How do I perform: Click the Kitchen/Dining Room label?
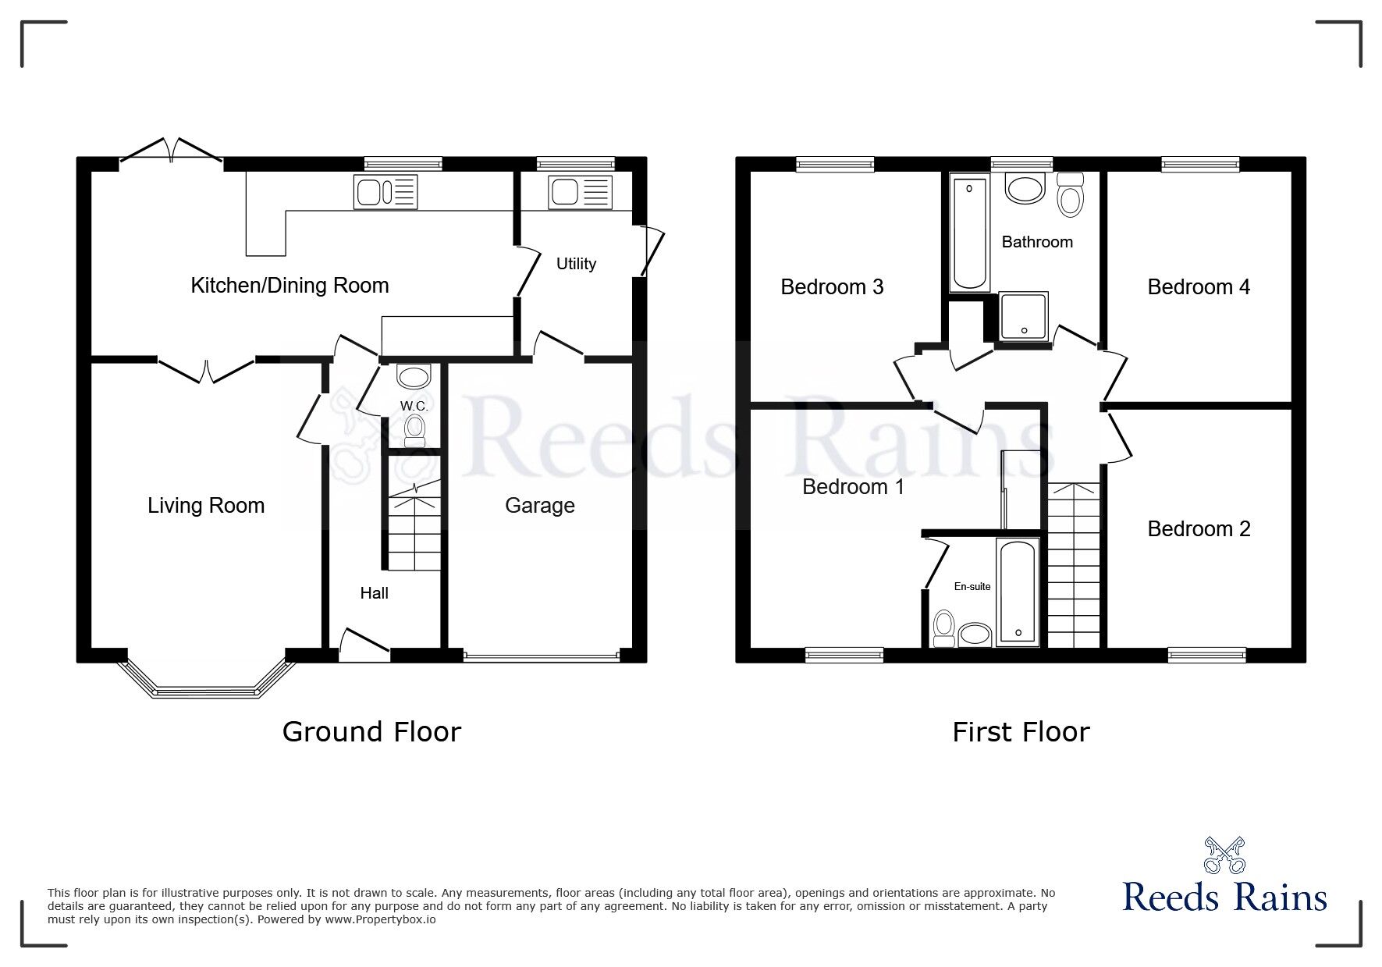coord(290,286)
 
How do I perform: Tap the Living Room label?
coord(206,506)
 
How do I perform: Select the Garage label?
coord(539,506)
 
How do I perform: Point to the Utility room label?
coord(576,264)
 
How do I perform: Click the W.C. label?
coord(414,406)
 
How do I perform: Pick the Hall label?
coord(374,593)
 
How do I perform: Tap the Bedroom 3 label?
coord(832,287)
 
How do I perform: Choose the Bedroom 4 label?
coord(1198,287)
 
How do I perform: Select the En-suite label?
coord(972,586)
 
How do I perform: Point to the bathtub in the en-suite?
coord(1017,592)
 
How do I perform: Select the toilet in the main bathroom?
coord(1071,196)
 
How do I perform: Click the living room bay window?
coord(206,687)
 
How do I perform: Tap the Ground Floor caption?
coord(371,732)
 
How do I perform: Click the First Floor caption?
coord(1020,732)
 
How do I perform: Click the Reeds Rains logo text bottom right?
coord(1224,898)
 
